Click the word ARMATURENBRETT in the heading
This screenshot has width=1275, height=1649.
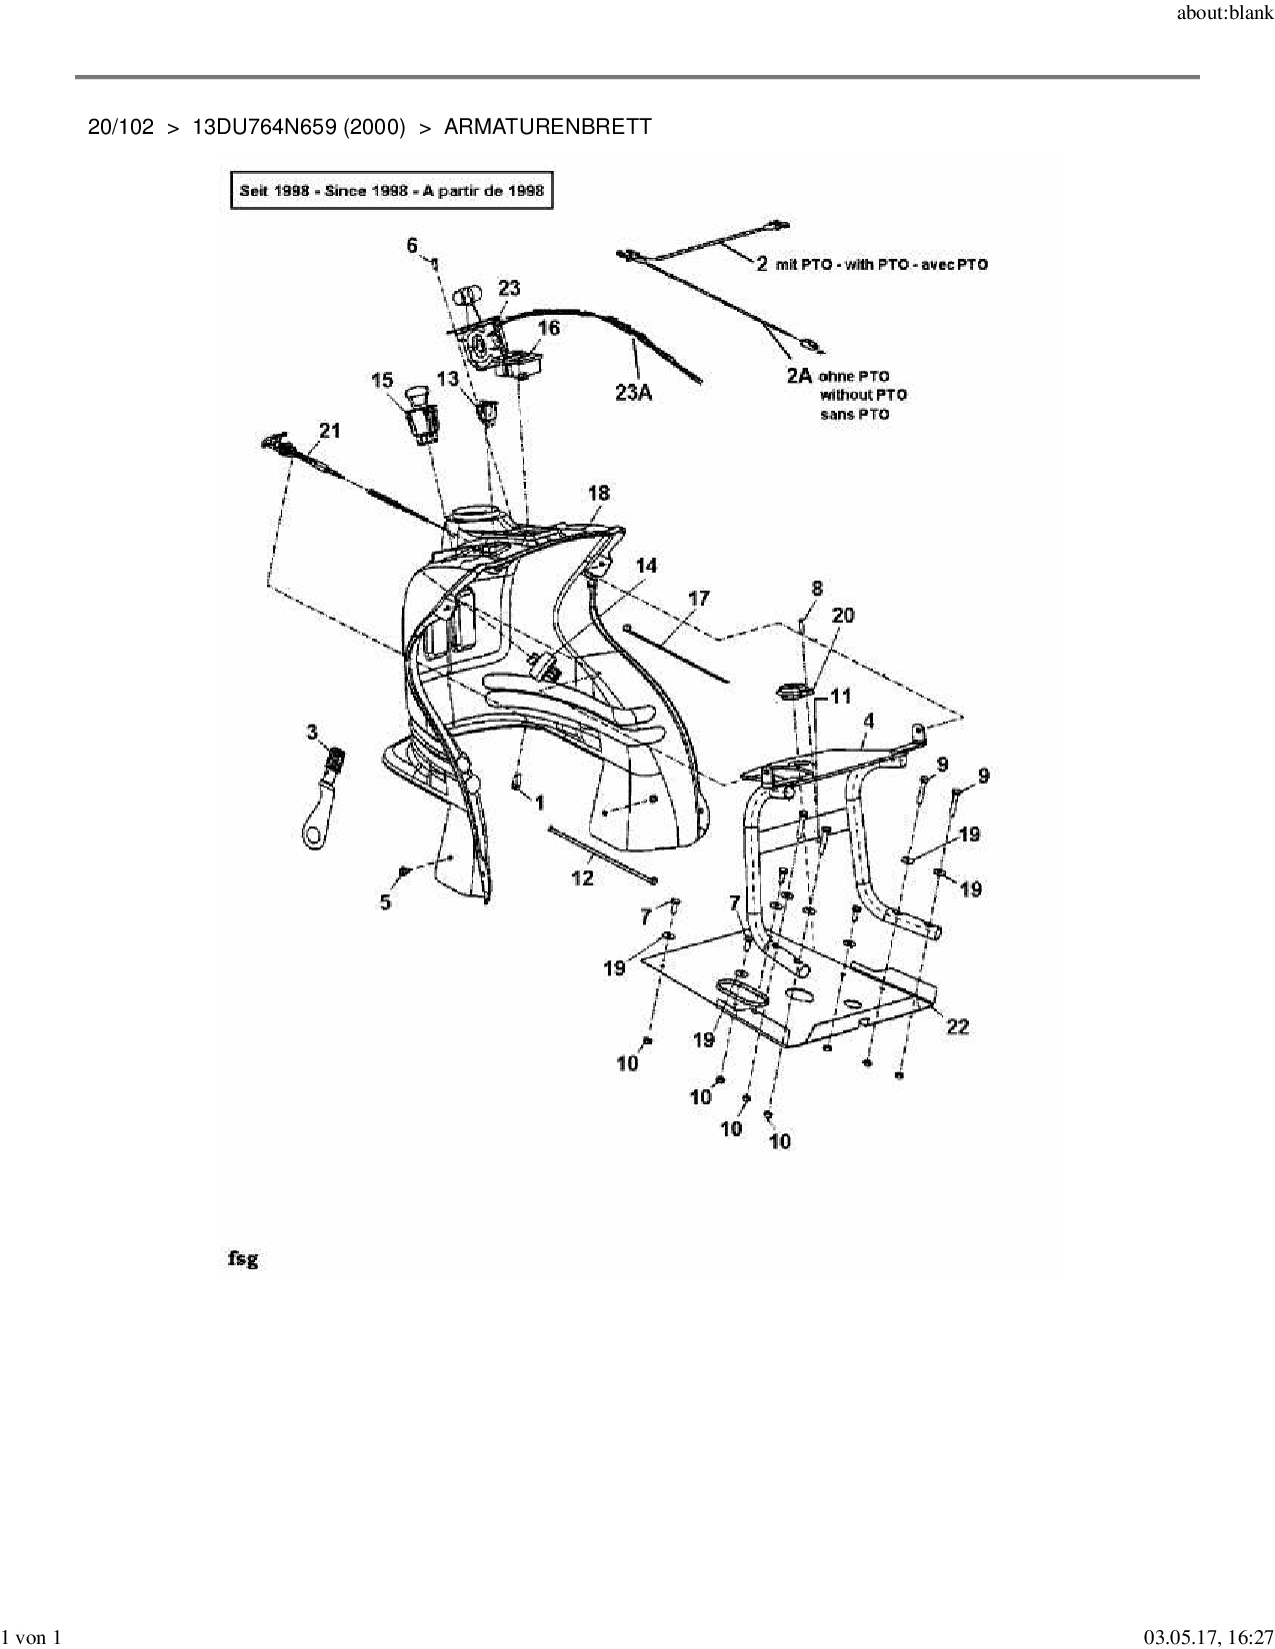tap(547, 127)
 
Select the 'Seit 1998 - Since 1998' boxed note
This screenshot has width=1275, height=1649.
tap(391, 190)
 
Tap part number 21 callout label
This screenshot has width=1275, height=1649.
tap(329, 431)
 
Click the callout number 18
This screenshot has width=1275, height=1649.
tap(598, 493)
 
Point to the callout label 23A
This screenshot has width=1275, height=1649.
tap(633, 393)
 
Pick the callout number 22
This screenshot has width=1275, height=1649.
tap(957, 1026)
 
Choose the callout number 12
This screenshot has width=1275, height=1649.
tap(582, 877)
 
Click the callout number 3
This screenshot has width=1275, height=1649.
tap(312, 733)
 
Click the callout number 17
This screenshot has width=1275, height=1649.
tap(699, 598)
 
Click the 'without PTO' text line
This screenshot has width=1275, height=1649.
tap(863, 395)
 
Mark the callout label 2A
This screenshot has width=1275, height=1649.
tap(799, 377)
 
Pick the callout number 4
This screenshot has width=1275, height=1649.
tap(868, 721)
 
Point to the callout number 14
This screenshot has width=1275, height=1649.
tap(646, 566)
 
